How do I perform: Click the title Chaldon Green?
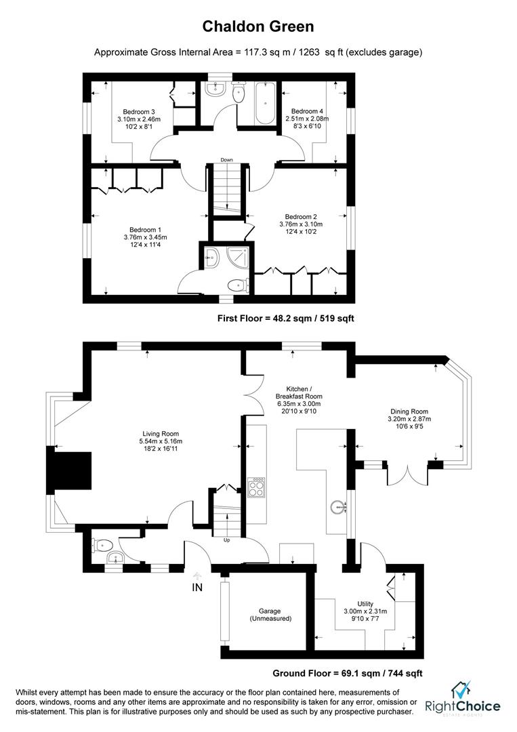[258, 27]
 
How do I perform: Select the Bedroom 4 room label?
[307, 119]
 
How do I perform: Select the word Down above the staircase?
[226, 160]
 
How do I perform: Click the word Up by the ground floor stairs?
[228, 540]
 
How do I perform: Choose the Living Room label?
[161, 441]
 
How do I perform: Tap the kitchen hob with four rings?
[257, 488]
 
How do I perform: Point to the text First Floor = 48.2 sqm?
[285, 318]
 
